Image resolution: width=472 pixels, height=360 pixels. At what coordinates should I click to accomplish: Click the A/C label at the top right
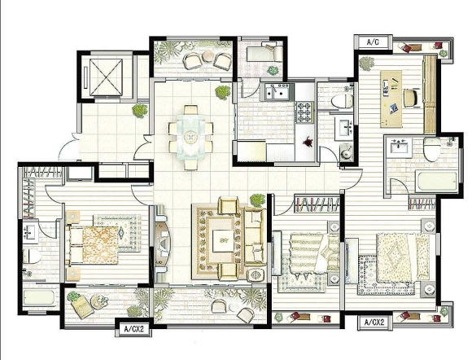[x=373, y=42]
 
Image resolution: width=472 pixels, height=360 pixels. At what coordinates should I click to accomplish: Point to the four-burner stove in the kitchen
[x=304, y=112]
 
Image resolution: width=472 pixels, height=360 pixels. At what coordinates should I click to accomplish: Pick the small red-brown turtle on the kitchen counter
[x=308, y=141]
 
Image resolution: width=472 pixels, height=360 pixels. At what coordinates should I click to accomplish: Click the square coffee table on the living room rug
[x=223, y=241]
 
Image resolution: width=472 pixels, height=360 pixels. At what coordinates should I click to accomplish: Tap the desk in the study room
[x=391, y=99]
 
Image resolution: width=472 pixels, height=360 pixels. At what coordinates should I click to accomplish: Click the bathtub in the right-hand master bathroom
[x=436, y=182]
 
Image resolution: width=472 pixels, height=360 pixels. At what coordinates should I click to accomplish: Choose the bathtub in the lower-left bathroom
[x=38, y=297]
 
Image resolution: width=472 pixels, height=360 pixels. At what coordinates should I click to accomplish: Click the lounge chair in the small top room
[x=265, y=52]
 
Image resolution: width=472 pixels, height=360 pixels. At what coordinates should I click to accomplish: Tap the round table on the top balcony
[x=208, y=56]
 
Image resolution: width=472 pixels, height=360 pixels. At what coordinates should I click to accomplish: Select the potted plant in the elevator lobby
[x=140, y=111]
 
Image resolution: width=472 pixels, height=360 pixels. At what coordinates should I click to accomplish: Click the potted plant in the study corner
[x=367, y=64]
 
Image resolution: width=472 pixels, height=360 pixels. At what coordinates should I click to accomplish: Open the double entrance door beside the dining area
[x=144, y=147]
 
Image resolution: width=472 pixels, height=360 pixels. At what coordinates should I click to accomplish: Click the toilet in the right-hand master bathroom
[x=431, y=149]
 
